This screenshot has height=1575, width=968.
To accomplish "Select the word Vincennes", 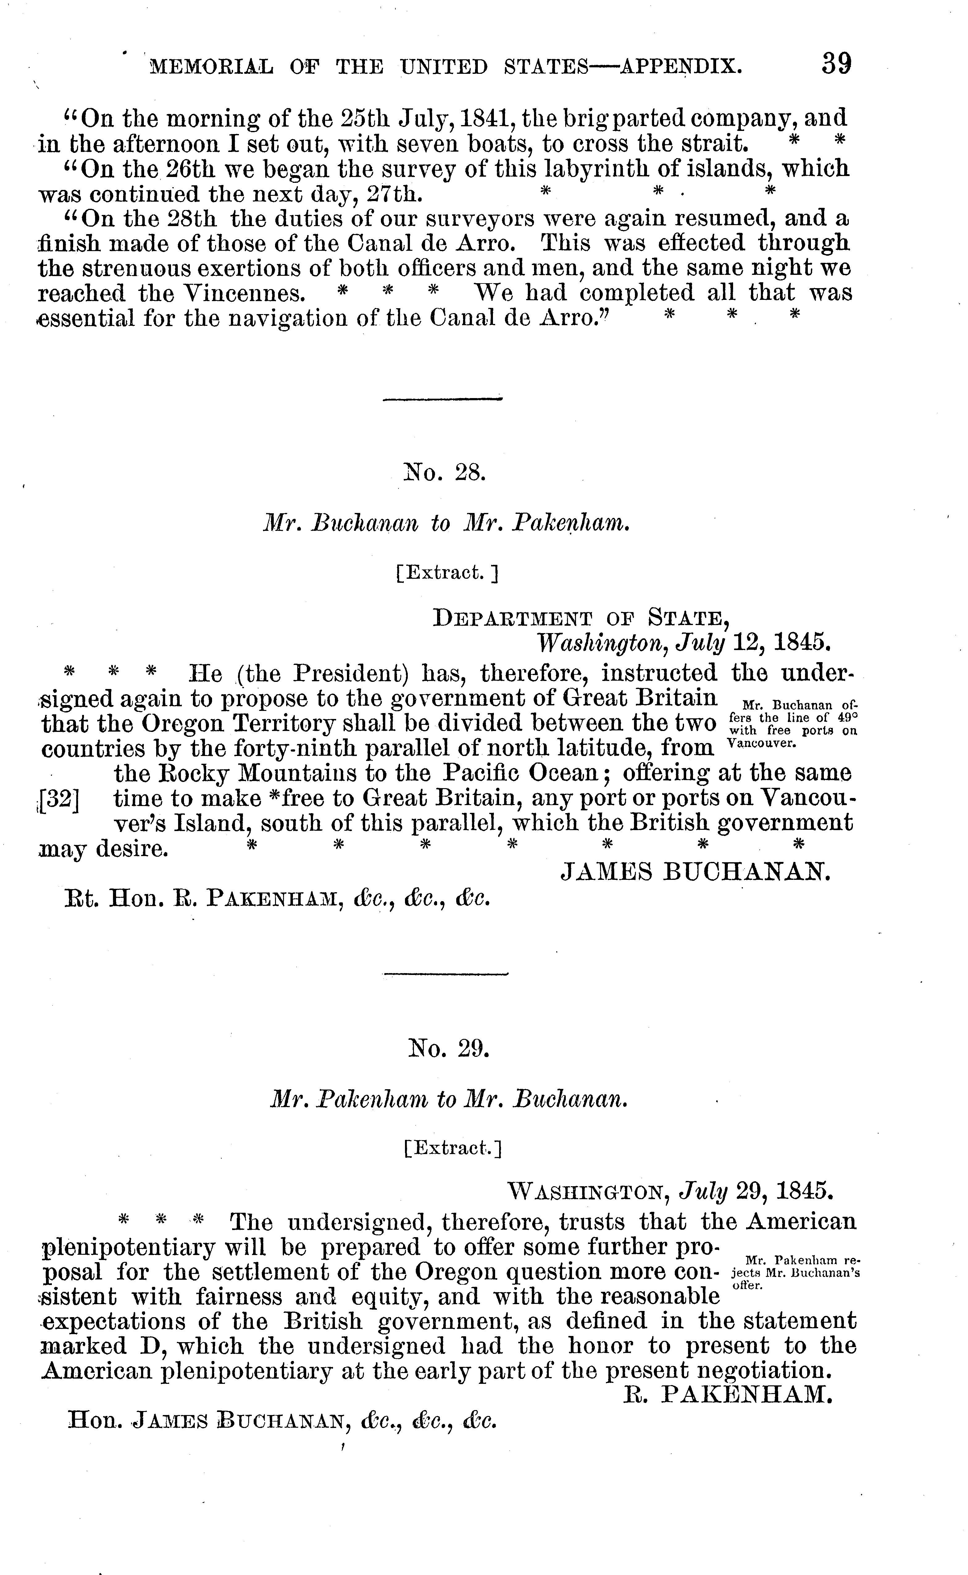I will (x=236, y=293).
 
